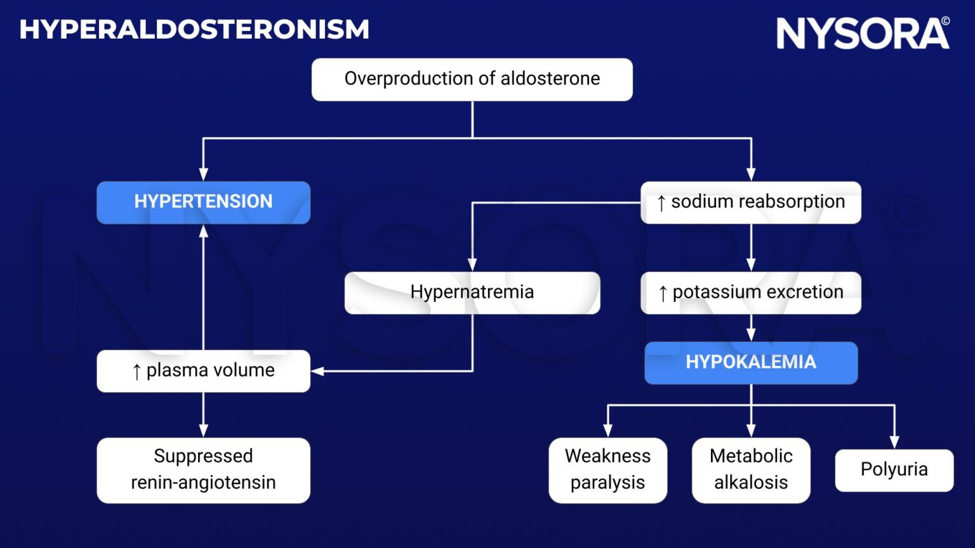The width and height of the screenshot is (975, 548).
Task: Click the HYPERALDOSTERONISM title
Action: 194,30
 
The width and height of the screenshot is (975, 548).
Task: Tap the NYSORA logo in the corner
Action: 863,34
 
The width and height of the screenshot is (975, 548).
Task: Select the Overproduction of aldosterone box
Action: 472,79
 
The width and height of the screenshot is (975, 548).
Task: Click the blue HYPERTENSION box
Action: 203,202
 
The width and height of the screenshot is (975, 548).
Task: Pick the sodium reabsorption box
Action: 751,202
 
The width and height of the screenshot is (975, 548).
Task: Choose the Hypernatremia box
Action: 472,292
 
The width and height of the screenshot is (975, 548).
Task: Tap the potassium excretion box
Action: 751,292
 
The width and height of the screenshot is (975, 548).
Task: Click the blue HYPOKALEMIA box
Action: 751,362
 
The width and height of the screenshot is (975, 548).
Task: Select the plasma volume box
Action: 203,370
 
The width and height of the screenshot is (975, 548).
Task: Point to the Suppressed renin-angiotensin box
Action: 203,469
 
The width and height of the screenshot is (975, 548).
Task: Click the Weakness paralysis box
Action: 607,469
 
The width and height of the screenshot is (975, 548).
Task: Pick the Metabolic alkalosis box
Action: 751,469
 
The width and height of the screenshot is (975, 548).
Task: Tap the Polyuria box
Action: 894,470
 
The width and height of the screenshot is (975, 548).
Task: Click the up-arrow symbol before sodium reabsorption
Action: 661,204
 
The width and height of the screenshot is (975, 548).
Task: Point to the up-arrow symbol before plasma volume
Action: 136,372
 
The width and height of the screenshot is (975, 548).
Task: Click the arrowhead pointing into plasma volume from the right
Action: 317,371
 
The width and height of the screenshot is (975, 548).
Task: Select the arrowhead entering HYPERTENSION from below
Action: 203,232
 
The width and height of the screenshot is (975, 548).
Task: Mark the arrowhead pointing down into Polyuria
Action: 894,442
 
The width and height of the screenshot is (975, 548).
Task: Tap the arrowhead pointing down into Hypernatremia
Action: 472,264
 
